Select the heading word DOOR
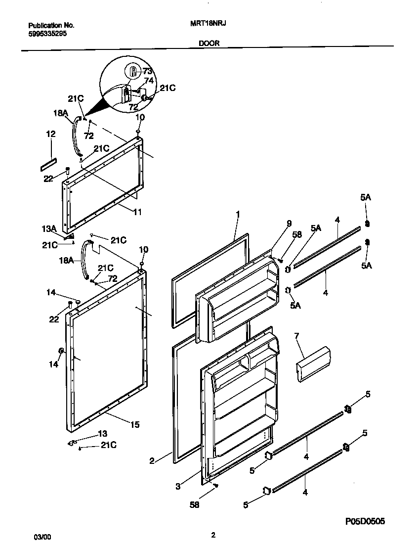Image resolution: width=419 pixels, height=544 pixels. click(209, 43)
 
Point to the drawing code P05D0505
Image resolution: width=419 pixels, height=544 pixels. click(365, 521)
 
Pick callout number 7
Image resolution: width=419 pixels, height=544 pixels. click(296, 336)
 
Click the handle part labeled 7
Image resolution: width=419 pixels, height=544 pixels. click(312, 364)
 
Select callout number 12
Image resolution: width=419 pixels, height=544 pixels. click(51, 134)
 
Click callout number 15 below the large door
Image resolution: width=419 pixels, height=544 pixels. click(135, 424)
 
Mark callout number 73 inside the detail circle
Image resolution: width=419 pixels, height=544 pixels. click(147, 71)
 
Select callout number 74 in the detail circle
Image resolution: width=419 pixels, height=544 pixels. click(148, 80)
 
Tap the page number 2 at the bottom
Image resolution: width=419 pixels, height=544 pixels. click(213, 535)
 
